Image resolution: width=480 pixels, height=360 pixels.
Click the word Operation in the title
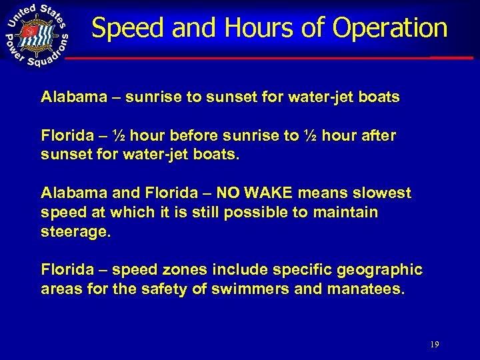389,28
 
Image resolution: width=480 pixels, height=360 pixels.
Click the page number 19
435,345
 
